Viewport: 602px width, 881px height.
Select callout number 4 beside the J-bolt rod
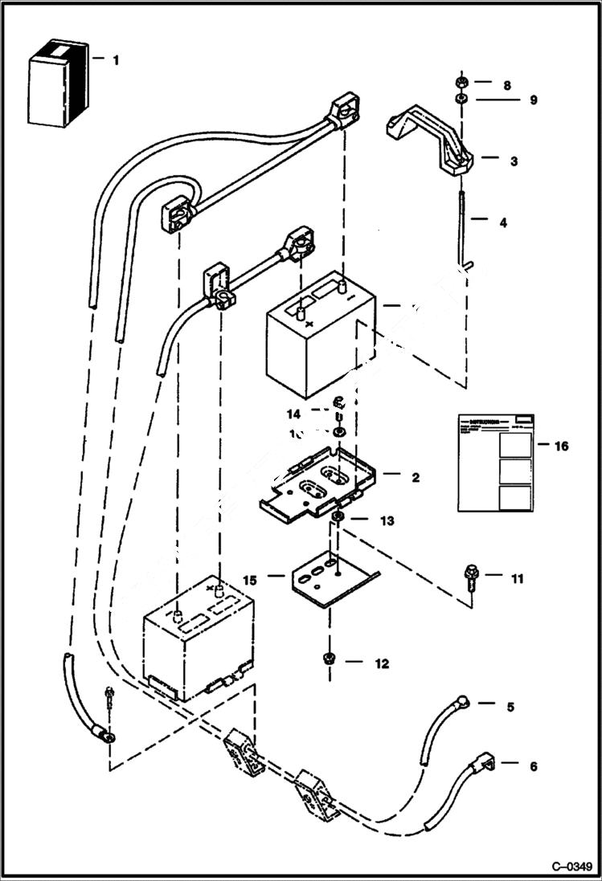[x=503, y=221]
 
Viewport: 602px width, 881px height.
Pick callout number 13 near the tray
[x=387, y=520]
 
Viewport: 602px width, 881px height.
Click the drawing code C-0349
[x=571, y=867]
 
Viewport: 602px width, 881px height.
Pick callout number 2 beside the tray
[x=416, y=478]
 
